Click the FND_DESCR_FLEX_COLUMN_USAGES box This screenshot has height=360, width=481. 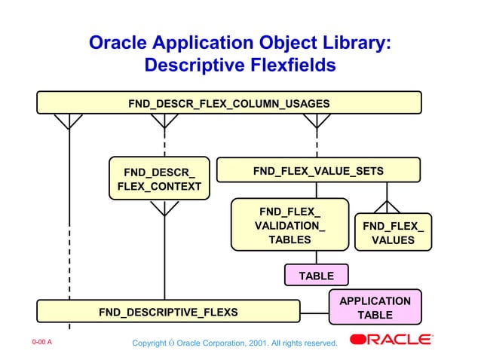229,102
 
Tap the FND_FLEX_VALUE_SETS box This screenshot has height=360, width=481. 318,170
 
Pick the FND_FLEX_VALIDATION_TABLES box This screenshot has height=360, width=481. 290,224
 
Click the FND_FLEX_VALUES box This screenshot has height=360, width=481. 393,233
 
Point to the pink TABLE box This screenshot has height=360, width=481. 316,276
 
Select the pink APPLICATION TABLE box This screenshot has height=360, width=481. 375,307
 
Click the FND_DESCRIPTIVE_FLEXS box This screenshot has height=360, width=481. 168,312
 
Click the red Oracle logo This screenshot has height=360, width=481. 391,340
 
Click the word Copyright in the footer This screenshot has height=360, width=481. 149,343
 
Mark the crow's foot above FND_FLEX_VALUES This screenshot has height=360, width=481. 387,206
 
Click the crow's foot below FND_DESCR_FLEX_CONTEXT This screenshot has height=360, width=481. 164,208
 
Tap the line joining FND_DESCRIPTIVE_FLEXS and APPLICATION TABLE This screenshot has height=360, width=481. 314,312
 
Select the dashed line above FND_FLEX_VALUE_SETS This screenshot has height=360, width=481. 317,139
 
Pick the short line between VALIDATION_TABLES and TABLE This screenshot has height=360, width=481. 316,257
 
